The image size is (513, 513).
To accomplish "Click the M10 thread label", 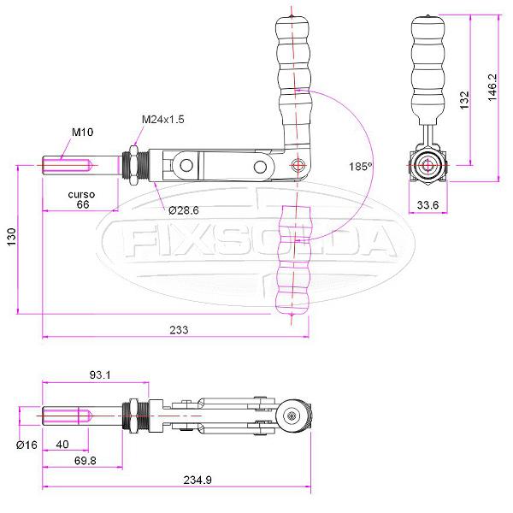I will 82,133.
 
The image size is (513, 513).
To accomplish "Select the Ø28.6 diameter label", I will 183,209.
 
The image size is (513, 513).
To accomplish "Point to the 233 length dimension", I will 179,329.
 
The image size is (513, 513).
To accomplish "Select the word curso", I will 81,194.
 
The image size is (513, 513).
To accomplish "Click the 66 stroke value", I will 83,205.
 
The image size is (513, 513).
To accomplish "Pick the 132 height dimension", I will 464,101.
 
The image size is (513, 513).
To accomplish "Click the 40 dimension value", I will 63,445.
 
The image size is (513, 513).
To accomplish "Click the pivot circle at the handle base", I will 298,165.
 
